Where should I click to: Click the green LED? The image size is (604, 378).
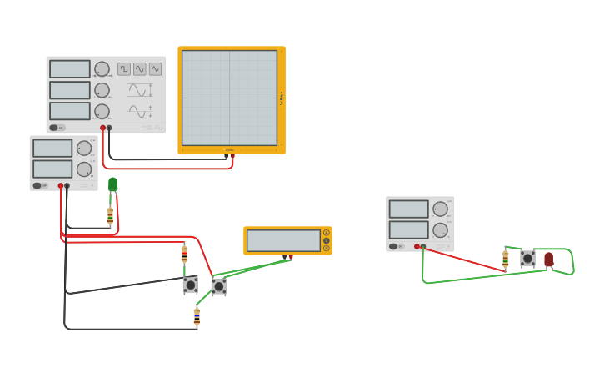pos(113,184)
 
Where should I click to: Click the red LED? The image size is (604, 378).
pos(548,260)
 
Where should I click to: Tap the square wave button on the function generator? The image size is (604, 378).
pos(124,69)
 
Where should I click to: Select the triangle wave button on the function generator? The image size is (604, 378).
pos(155,69)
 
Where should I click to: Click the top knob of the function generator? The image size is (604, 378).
pos(102,69)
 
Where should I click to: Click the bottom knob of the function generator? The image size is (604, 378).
pos(102,111)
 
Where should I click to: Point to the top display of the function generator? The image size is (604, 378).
pos(70,69)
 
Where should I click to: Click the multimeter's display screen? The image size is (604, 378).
pos(283,240)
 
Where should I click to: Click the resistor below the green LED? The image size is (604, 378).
pos(110,216)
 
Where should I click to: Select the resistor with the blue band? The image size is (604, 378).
pos(197,316)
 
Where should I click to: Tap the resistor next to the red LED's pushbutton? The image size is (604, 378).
pos(505,259)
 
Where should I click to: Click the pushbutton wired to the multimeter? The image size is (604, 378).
pos(218,286)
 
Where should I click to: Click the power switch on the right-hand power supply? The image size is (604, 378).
pos(399,246)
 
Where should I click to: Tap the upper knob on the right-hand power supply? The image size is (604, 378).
pos(440,209)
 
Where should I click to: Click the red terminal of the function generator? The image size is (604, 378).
pos(102,128)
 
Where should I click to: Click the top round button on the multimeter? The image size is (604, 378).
pos(327,233)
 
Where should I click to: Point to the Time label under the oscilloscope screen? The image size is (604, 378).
pos(229,150)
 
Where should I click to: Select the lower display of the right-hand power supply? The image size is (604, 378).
pos(408,229)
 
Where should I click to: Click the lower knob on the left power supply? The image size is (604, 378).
pos(84,169)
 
